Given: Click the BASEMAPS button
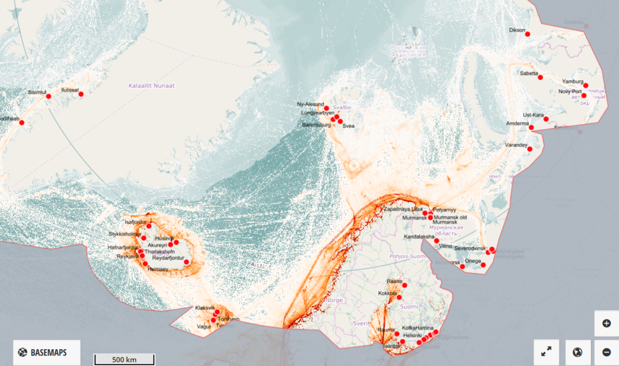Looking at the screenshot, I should click(47, 352).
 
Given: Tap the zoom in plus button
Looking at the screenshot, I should click(607, 323).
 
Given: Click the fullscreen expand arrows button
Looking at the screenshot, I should click(546, 352).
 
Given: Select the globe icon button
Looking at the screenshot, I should click(577, 352).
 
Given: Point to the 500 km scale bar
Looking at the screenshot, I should click(124, 359).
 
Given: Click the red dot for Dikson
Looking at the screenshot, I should click(528, 34).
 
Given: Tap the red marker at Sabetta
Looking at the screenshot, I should click(540, 77).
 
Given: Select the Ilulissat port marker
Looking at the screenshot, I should click(81, 94).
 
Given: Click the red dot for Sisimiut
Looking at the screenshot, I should click(48, 96).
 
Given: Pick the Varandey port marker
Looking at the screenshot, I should click(530, 149).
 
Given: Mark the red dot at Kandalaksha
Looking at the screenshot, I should click(436, 241).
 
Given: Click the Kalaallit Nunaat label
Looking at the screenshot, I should click(151, 86).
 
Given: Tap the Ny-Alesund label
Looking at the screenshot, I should click(310, 104).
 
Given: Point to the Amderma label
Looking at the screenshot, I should click(517, 124).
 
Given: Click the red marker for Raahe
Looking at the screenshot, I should click(404, 285).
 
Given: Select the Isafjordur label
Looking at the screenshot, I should click(136, 222).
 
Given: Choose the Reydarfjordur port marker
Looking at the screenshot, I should click(187, 262).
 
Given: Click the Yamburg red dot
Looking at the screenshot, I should click(586, 86).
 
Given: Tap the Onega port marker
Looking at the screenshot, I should click(483, 265).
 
